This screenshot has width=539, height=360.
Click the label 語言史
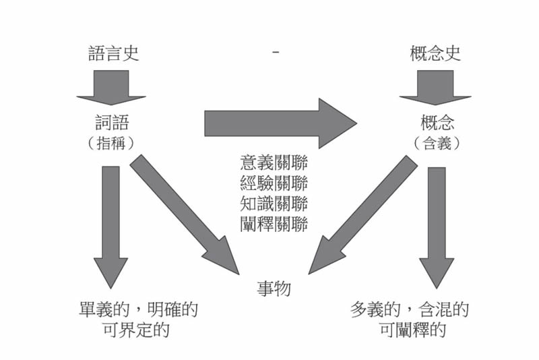pyautogui.click(x=113, y=54)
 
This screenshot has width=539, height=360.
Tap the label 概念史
pyautogui.click(x=435, y=54)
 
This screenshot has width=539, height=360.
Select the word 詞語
pyautogui.click(x=112, y=123)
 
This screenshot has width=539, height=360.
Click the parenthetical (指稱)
pyautogui.click(x=111, y=143)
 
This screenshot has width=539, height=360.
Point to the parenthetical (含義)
pyautogui.click(x=437, y=143)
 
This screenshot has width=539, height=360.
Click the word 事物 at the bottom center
pyautogui.click(x=274, y=288)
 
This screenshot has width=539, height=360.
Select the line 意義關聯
pyautogui.click(x=274, y=162)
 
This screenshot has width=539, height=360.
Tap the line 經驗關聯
pyautogui.click(x=274, y=183)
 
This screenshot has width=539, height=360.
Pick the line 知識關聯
pyautogui.click(x=274, y=203)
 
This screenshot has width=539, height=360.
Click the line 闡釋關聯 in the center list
pyautogui.click(x=274, y=224)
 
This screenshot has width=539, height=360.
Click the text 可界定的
pyautogui.click(x=137, y=330)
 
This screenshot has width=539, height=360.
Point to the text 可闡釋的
pyautogui.click(x=413, y=330)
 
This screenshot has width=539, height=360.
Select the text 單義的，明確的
pyautogui.click(x=138, y=309)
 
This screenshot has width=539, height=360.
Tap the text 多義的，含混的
pyautogui.click(x=410, y=309)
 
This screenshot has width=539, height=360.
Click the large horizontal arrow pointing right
pyautogui.click(x=280, y=123)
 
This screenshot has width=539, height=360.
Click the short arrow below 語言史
pyautogui.click(x=111, y=88)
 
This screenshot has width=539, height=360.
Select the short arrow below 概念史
pyautogui.click(x=435, y=88)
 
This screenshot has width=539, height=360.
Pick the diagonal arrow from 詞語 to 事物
pyautogui.click(x=185, y=214)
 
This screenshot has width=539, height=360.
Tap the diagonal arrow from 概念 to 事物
pyautogui.click(x=363, y=215)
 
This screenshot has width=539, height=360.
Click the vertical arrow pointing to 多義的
pyautogui.click(x=437, y=228)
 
